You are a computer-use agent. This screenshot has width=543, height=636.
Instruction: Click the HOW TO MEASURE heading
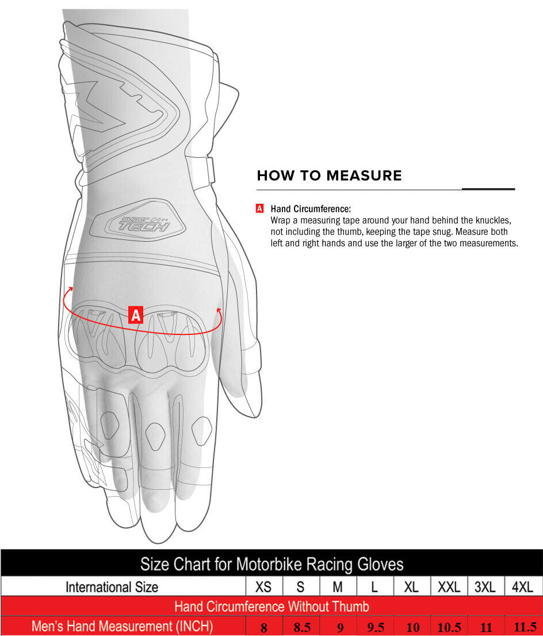(x=329, y=175)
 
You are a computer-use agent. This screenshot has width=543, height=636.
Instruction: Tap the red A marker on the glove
(x=136, y=315)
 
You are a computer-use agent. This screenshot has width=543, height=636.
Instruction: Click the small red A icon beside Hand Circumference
(x=259, y=208)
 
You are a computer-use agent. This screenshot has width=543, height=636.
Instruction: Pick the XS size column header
(x=263, y=587)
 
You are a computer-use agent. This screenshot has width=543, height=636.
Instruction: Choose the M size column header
(x=338, y=587)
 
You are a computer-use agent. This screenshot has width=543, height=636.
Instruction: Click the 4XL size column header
(x=522, y=587)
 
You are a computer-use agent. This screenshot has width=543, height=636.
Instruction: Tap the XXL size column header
(x=449, y=587)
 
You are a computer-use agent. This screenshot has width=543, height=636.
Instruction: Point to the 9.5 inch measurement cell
(x=376, y=627)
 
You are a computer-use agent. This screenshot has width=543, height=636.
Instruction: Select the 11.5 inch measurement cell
(x=525, y=627)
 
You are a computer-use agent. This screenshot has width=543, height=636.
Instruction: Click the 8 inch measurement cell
(x=264, y=627)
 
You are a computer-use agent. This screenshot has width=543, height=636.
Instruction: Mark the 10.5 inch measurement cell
(x=449, y=627)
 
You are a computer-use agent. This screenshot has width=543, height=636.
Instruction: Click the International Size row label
(x=112, y=587)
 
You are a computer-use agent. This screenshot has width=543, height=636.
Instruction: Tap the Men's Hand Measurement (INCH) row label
(x=123, y=626)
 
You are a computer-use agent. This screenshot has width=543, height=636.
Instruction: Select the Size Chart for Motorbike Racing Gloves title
(x=272, y=564)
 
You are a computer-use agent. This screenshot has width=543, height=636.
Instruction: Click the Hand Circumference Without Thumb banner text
(x=271, y=607)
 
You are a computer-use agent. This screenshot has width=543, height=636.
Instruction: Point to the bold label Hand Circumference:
(x=311, y=209)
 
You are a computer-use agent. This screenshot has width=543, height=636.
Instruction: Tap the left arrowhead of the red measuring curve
(x=71, y=289)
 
